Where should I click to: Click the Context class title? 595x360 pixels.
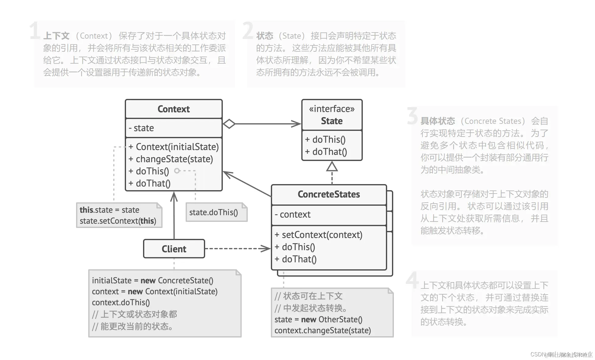point(173,109)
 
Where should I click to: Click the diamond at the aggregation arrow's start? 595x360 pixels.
point(229,124)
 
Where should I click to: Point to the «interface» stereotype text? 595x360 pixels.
point(332,109)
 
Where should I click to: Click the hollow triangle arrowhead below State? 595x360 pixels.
point(332,166)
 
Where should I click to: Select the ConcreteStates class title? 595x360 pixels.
point(329,194)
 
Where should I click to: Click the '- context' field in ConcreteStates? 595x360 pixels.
point(292,214)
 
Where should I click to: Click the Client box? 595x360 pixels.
point(174,249)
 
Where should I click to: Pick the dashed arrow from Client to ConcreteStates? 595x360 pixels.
point(237,249)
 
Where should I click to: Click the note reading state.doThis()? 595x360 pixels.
point(214,212)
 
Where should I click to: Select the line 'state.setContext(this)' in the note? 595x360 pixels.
point(118,221)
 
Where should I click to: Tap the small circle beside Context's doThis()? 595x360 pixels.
point(177,171)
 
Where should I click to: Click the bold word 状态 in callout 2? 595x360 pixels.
point(264,36)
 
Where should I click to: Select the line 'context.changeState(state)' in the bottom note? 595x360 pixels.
point(323,330)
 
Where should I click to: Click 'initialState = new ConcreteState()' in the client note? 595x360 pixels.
point(152,280)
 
